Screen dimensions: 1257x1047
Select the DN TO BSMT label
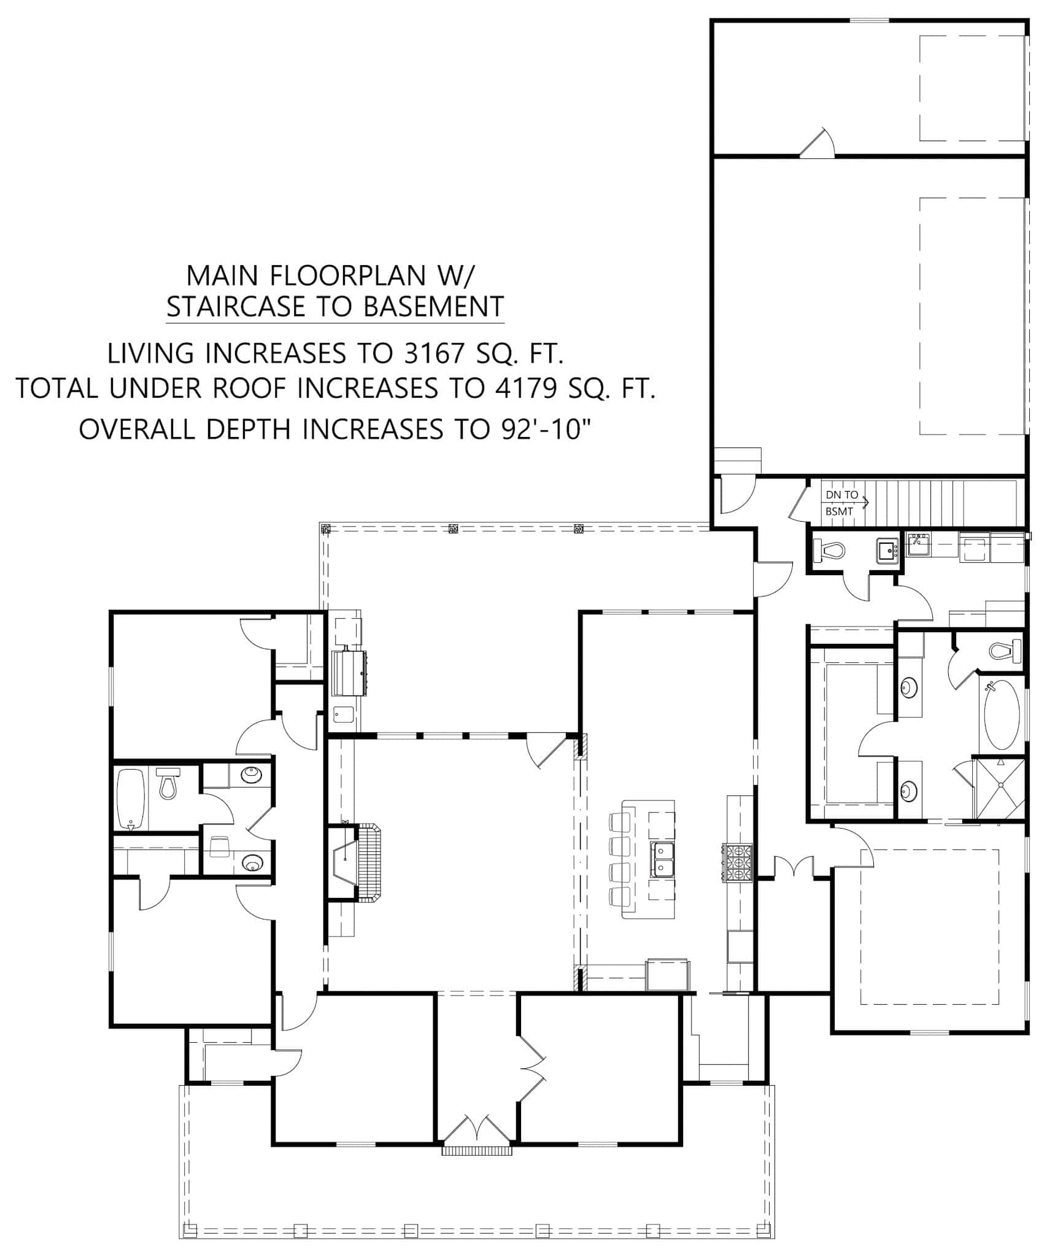tap(842, 503)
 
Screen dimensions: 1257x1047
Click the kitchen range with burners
tap(739, 863)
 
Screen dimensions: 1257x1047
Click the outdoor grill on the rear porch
tap(349, 673)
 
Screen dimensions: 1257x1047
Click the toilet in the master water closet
tap(1004, 650)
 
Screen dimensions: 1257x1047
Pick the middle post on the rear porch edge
tap(454, 528)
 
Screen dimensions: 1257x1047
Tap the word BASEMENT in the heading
tap(434, 306)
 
